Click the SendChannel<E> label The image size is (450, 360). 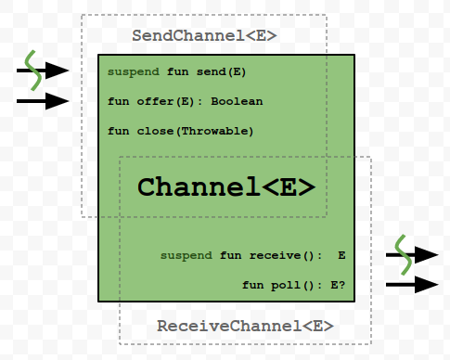point(205,37)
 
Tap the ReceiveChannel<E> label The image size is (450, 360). point(244,327)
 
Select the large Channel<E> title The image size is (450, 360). point(227,186)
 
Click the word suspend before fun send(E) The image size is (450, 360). point(134,71)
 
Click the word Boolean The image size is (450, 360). point(236,101)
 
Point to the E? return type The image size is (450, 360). point(336,285)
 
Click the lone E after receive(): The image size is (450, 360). point(341,255)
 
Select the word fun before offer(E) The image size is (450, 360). point(118,101)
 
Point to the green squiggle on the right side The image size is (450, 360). point(402,254)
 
